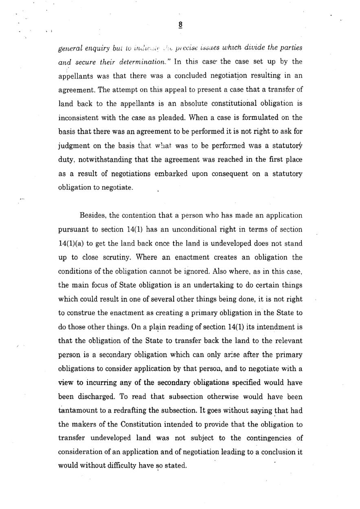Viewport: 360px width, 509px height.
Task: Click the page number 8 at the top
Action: pyautogui.click(x=180, y=25)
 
